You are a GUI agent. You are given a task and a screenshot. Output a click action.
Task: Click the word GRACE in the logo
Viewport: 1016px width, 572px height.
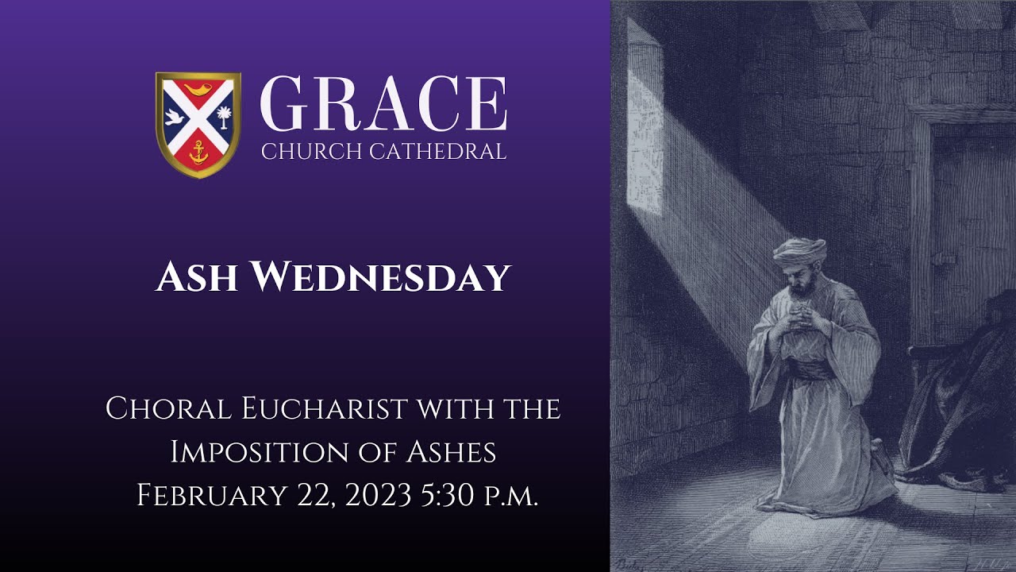383,105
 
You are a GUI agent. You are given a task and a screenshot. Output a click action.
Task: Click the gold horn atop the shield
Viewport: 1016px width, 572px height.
198,87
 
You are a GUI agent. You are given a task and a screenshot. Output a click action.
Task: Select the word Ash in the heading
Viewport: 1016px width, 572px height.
198,277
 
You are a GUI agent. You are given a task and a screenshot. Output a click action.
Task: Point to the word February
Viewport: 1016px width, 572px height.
210,495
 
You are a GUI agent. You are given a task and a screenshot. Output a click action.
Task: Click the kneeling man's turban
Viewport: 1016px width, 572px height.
799,251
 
